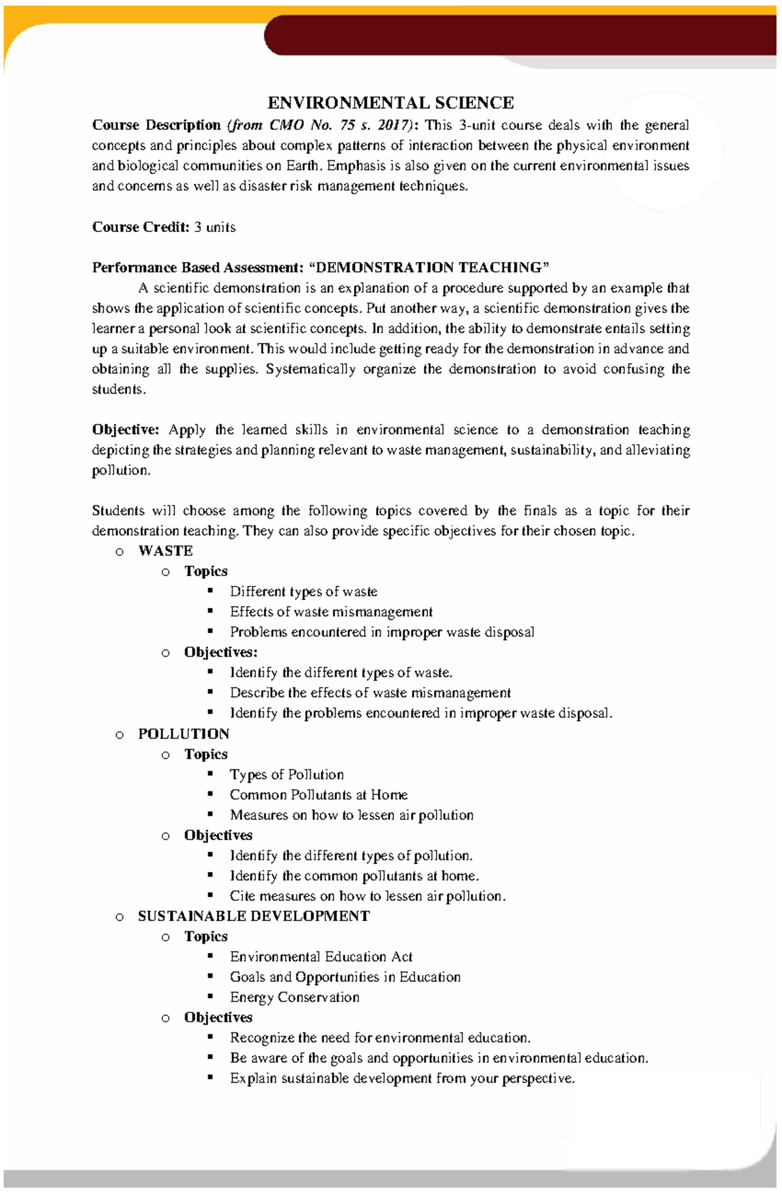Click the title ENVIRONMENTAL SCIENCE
[x=390, y=103]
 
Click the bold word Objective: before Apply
[x=125, y=430]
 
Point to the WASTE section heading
[x=166, y=551]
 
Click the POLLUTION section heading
[x=184, y=734]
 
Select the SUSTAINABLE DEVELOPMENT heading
[x=253, y=916]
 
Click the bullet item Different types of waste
[x=303, y=592]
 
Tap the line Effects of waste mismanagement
[x=331, y=612]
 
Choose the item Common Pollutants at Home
[x=319, y=795]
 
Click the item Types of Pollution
[x=287, y=775]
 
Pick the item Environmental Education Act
[x=321, y=957]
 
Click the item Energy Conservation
[x=295, y=997]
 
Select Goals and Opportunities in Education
[x=345, y=977]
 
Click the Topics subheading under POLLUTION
[x=206, y=754]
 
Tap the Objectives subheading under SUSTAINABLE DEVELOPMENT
[x=218, y=1017]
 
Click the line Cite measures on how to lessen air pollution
[x=368, y=896]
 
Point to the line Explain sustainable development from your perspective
[x=402, y=1079]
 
